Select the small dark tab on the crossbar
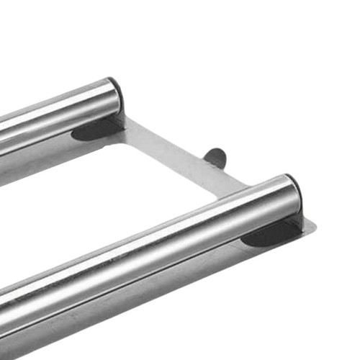tap(215, 157)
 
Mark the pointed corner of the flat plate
tap(314, 230)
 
